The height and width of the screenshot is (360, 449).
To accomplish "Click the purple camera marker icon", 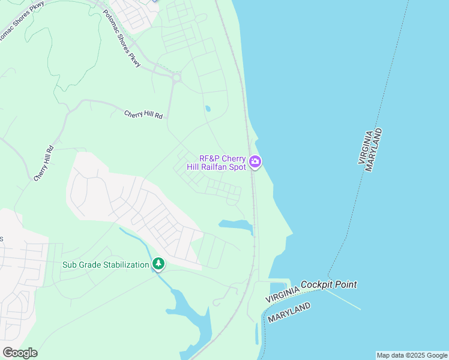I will pyautogui.click(x=255, y=161).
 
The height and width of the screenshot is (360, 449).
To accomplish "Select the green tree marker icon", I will pyautogui.click(x=158, y=263).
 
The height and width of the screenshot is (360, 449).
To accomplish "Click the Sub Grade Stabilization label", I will pyautogui.click(x=106, y=265).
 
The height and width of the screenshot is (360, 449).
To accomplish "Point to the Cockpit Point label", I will pyautogui.click(x=329, y=284).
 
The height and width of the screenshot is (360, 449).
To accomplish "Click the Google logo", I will pyautogui.click(x=20, y=352).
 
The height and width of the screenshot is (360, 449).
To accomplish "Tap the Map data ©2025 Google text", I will pyautogui.click(x=412, y=355).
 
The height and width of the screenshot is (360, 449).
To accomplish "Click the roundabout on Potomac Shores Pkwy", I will pyautogui.click(x=176, y=77).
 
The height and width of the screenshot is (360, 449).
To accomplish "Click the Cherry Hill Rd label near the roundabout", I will pyautogui.click(x=143, y=114).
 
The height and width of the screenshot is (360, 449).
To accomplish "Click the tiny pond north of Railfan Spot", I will pyautogui.click(x=208, y=109).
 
